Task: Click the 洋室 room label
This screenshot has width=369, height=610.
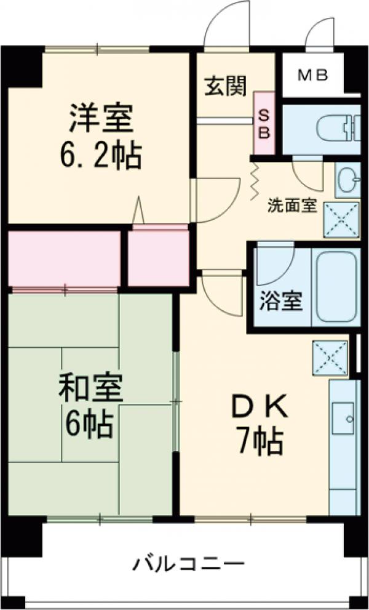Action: (x=101, y=119)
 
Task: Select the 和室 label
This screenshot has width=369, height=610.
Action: (x=90, y=387)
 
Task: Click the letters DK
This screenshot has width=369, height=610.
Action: (x=257, y=406)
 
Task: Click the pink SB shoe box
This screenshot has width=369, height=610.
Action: (x=264, y=123)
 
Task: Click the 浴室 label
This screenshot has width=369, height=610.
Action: (x=281, y=302)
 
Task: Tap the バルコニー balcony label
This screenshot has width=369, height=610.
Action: (x=189, y=563)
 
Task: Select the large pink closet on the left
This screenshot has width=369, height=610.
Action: (x=64, y=259)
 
